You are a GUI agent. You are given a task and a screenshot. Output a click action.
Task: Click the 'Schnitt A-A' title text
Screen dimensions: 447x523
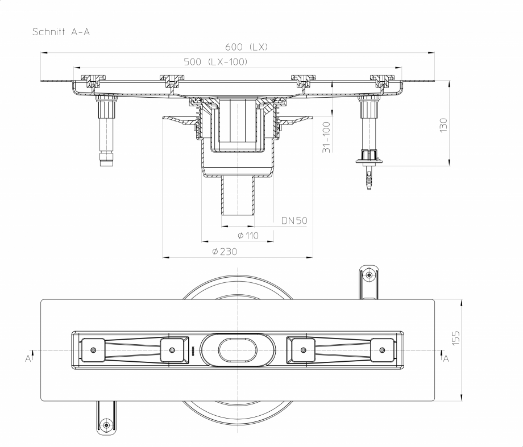point(61,32)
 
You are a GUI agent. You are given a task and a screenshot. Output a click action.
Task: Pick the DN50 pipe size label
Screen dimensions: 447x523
point(295,219)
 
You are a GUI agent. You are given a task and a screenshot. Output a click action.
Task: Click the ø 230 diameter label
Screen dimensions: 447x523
point(223,251)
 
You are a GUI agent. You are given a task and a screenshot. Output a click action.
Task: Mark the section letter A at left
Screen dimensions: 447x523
point(28,358)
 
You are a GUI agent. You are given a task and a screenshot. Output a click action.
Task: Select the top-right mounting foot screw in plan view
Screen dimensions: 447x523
point(370,275)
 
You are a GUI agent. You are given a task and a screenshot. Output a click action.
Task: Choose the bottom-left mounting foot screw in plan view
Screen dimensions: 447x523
point(105,425)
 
